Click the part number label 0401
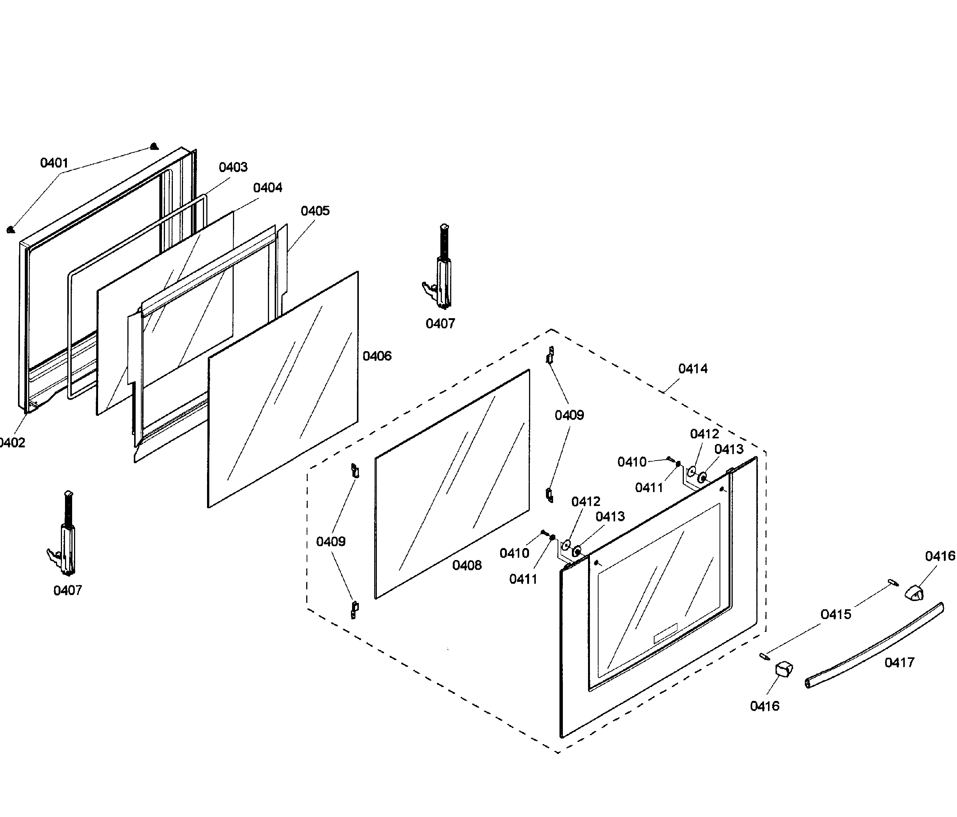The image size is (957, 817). point(54,163)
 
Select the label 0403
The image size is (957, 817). point(233,167)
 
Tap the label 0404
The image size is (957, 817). point(268,187)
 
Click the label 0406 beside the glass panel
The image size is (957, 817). point(377,356)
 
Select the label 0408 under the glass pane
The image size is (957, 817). point(467,565)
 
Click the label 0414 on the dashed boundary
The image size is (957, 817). point(693,368)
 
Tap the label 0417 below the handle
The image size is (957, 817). point(899,662)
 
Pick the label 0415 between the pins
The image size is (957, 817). point(836,614)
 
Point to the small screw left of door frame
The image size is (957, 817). point(11,230)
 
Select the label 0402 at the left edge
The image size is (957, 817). point(12,442)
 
